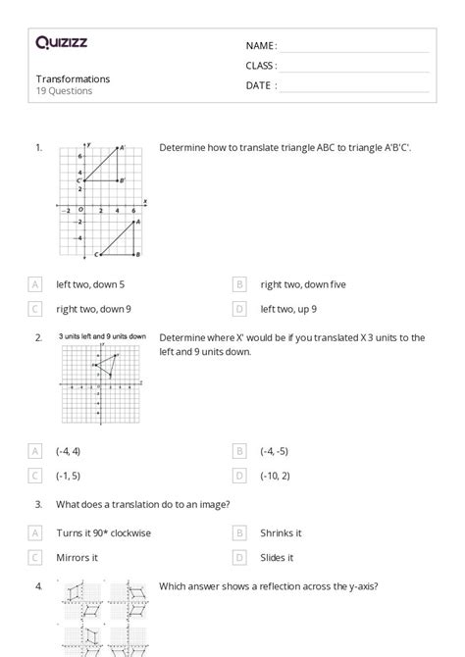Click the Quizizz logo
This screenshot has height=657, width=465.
61,42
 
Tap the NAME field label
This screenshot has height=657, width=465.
261,46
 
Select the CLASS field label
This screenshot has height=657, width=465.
261,66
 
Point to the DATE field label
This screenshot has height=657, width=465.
260,85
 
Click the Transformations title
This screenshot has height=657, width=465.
73,78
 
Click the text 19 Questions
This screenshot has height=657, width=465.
64,91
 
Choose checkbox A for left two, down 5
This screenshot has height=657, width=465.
36,284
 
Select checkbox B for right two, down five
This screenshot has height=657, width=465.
239,284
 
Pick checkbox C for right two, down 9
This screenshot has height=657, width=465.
36,309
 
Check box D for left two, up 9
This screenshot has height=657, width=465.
239,309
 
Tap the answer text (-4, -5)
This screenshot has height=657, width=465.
276,451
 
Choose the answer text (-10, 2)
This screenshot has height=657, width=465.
276,476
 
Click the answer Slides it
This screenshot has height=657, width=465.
277,558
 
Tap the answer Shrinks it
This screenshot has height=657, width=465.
281,533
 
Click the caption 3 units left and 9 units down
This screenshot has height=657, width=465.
102,336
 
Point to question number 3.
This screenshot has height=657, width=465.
38,504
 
